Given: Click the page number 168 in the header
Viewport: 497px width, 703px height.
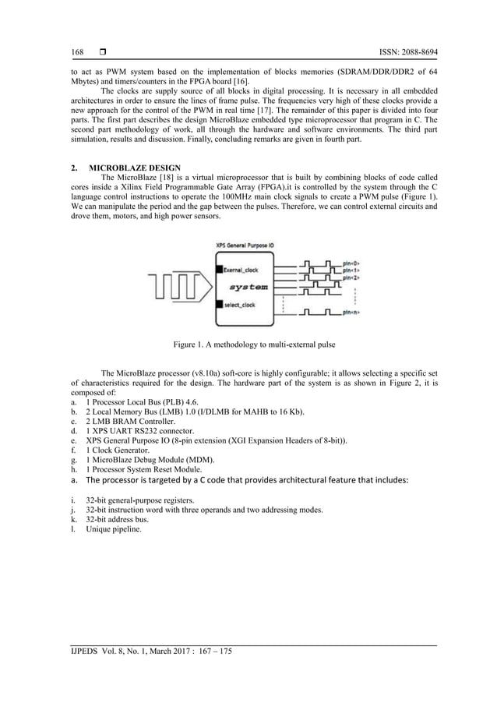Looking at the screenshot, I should [x=77, y=51].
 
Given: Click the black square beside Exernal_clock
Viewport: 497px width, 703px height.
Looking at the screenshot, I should [x=219, y=270].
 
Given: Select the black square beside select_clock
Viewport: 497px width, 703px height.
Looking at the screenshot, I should [x=219, y=304].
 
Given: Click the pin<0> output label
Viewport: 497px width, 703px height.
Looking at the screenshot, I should [x=351, y=263].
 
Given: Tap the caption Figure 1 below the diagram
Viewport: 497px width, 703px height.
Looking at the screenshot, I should [x=248, y=343].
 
